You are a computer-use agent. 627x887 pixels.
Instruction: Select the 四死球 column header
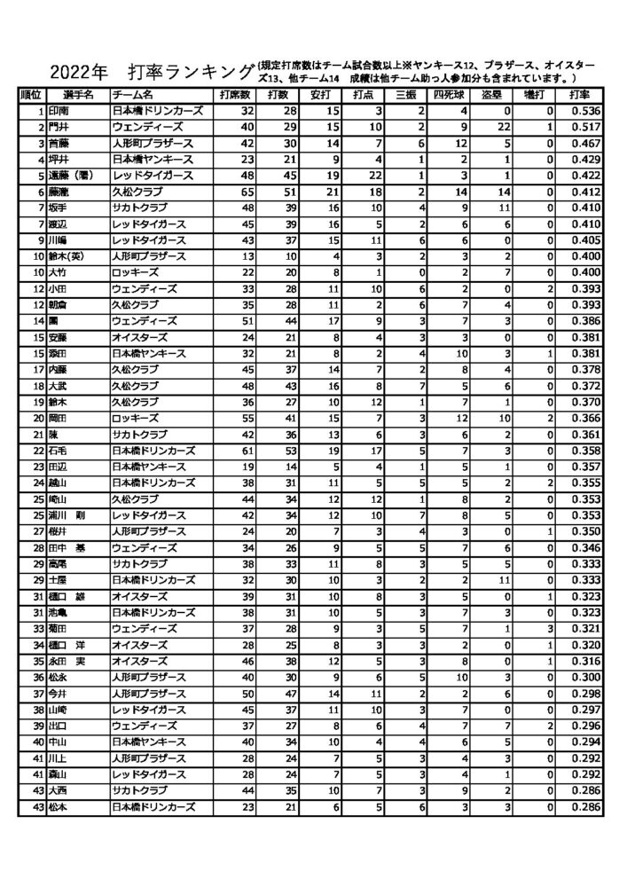pos(448,94)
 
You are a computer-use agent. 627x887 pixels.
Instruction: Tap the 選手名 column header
pos(75,94)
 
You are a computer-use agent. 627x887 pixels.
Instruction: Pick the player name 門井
pos(58,126)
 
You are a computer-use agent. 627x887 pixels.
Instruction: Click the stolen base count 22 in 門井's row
pos(503,126)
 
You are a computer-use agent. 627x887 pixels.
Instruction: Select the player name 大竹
pos(58,271)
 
